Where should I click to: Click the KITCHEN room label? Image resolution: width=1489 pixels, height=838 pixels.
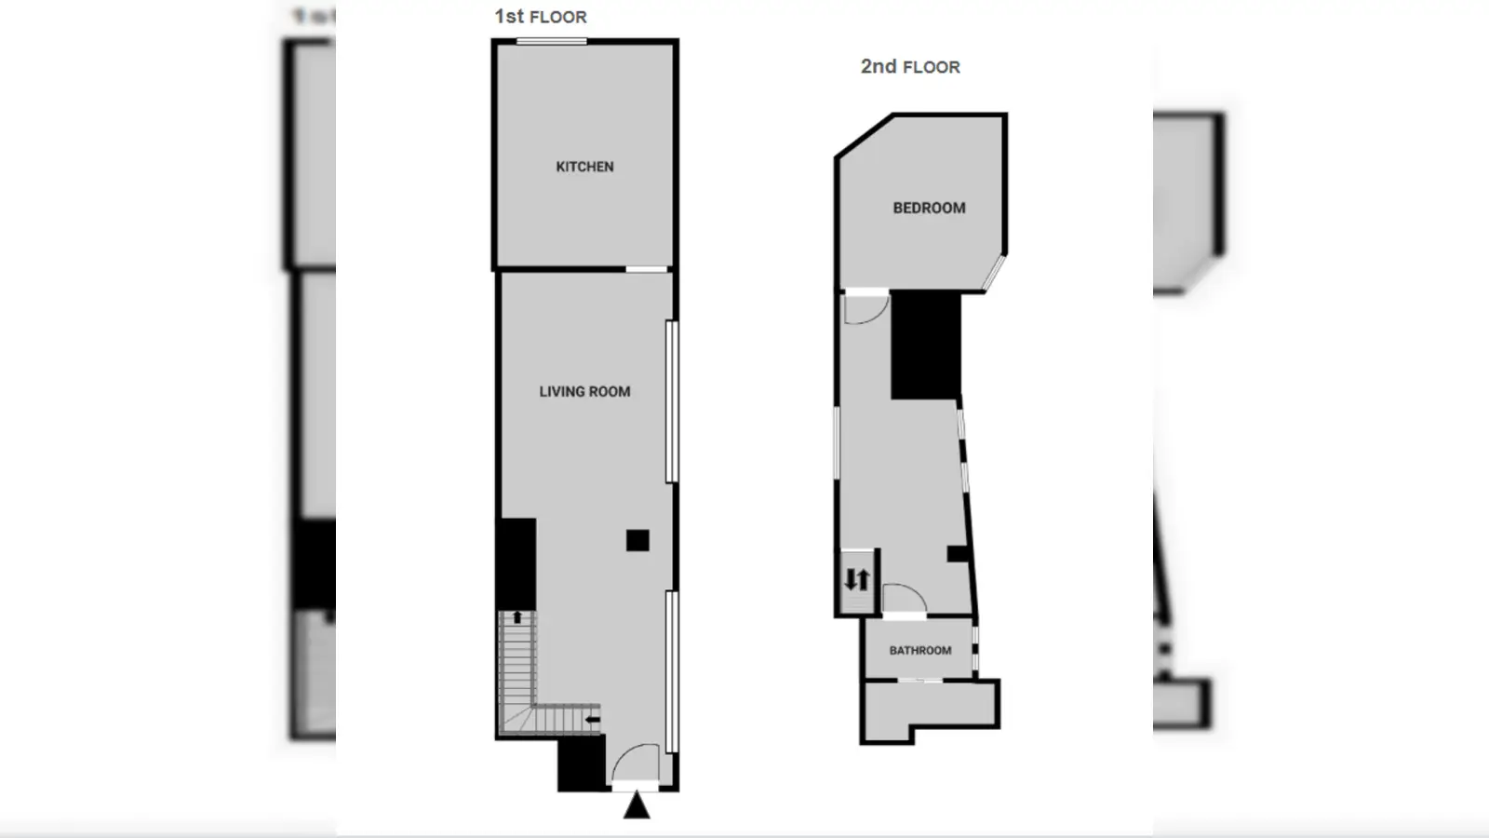click(x=585, y=167)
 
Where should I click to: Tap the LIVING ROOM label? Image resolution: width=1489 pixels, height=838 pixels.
click(x=585, y=392)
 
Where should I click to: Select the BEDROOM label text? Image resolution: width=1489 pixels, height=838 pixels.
click(x=930, y=209)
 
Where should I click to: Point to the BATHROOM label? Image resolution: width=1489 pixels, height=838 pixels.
click(x=920, y=651)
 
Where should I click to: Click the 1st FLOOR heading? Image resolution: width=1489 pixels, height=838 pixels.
click(x=541, y=17)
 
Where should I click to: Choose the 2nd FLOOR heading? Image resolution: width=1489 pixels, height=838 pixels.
click(x=911, y=66)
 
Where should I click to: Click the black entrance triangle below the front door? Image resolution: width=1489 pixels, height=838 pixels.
click(x=637, y=804)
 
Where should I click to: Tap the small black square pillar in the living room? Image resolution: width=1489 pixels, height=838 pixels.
click(x=637, y=541)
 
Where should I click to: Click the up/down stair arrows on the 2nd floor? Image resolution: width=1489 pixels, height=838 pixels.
click(x=857, y=580)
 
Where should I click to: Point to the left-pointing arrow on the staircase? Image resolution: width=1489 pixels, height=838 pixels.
click(x=592, y=719)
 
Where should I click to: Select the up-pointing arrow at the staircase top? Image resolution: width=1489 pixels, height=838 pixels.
click(x=517, y=617)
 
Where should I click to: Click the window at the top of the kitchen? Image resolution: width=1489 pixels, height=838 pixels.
click(x=552, y=42)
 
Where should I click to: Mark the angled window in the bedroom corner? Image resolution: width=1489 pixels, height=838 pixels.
click(x=995, y=273)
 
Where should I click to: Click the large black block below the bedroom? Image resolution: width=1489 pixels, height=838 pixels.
click(x=926, y=345)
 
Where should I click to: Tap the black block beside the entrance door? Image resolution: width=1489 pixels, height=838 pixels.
click(x=582, y=763)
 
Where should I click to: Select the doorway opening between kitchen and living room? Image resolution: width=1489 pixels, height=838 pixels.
click(x=647, y=269)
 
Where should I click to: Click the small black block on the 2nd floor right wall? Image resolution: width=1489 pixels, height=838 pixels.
click(x=958, y=553)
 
